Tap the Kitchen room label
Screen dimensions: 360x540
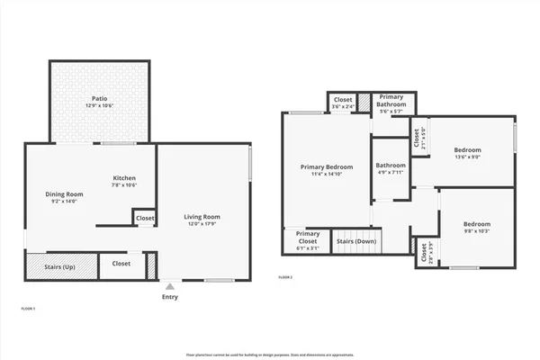point(124,177)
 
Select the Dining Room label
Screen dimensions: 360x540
point(65,194)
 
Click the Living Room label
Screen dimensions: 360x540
point(202,217)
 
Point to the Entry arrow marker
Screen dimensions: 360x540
point(169,286)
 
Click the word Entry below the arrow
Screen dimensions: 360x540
point(169,297)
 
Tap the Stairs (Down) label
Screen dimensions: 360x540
point(356,241)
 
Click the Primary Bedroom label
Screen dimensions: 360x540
point(326,166)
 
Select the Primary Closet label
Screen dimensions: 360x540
point(308,238)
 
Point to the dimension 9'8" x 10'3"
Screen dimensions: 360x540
point(476,231)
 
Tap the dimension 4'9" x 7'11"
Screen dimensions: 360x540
point(391,173)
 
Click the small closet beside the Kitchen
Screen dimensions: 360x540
point(144,218)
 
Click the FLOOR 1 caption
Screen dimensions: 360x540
point(27,309)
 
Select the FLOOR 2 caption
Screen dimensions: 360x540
point(285,276)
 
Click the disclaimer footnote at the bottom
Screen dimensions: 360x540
point(269,355)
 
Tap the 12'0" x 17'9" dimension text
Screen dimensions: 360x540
point(202,224)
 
